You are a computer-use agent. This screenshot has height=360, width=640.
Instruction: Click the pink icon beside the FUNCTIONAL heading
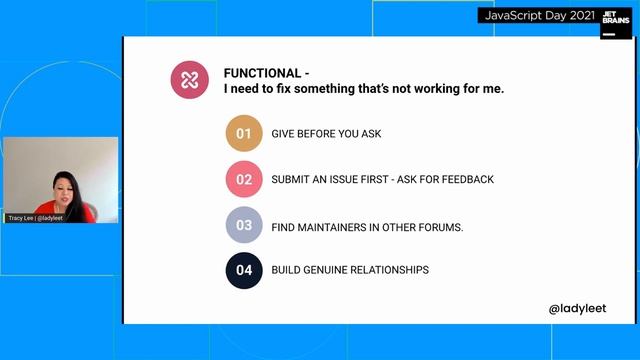coord(189,80)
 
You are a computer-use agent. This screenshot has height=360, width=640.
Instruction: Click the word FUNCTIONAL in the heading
coord(262,73)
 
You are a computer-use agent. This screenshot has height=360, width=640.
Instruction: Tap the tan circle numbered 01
coord(243,134)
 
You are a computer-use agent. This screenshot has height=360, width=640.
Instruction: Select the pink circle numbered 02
coord(243,180)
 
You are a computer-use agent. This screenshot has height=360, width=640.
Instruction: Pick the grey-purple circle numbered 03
coord(243,226)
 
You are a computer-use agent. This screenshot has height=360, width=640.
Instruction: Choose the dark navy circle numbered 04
coord(243,270)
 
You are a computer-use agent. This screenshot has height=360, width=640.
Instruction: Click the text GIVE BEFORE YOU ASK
coord(326,134)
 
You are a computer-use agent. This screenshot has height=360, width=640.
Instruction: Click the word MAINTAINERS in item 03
coord(335,227)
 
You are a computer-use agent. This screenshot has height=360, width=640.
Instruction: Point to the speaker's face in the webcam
coord(56,186)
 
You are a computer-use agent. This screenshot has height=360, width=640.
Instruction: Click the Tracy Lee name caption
coord(36,217)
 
